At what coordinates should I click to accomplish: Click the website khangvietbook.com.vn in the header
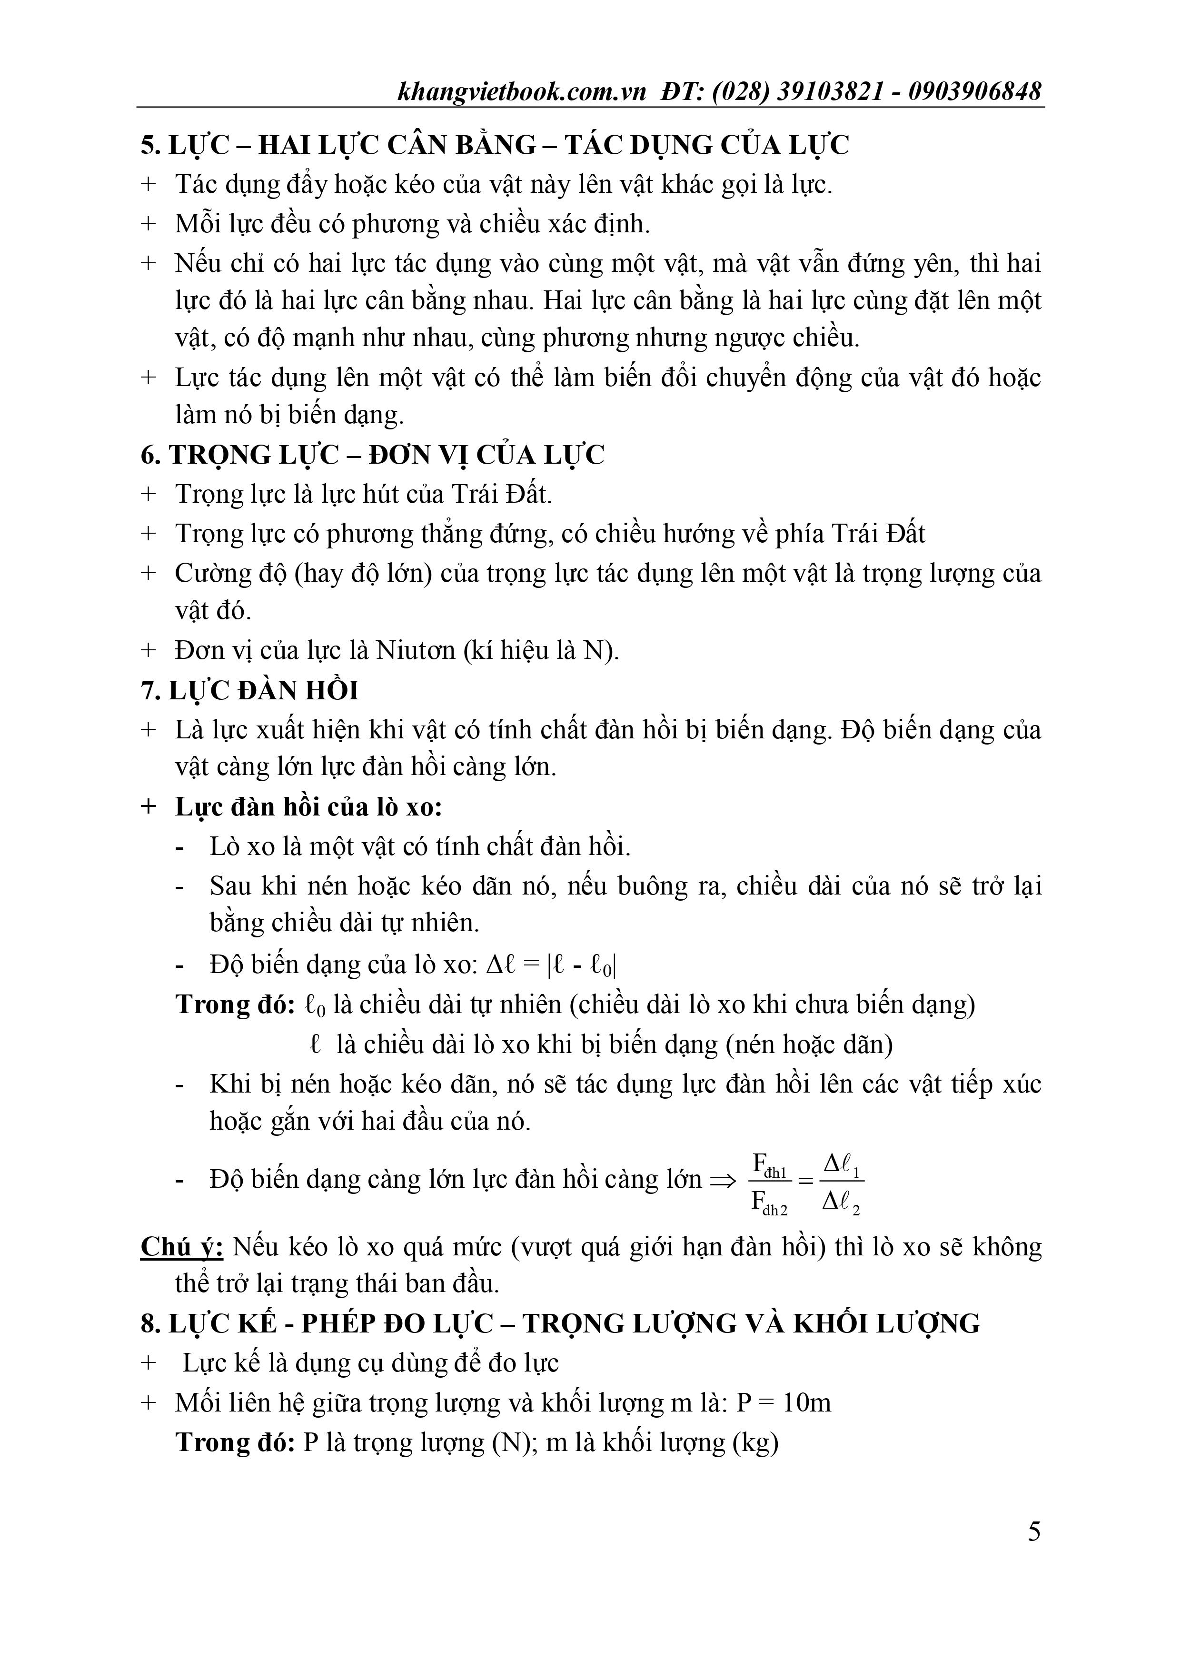(x=522, y=92)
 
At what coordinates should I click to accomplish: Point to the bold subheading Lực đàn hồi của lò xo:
(x=309, y=807)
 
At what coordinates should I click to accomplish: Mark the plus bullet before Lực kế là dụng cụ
(x=149, y=1363)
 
